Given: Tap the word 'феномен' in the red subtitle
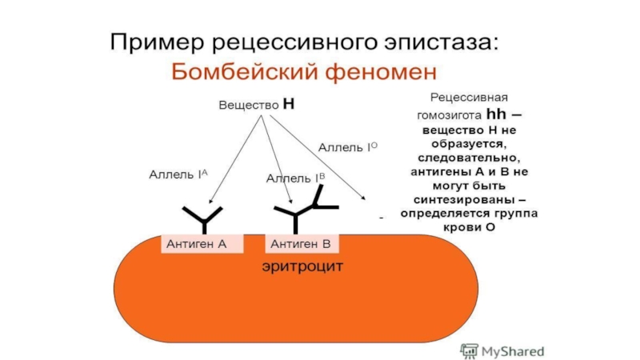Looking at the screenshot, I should click(x=375, y=73).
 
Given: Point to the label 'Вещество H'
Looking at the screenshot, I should click(x=257, y=105).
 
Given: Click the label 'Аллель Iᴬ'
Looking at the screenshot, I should click(x=178, y=174).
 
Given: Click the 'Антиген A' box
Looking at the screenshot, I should click(x=202, y=244).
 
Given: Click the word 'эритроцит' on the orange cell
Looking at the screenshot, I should click(x=302, y=266).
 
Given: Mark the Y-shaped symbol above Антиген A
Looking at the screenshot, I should click(x=203, y=218).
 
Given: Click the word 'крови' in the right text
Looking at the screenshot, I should click(x=461, y=228).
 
